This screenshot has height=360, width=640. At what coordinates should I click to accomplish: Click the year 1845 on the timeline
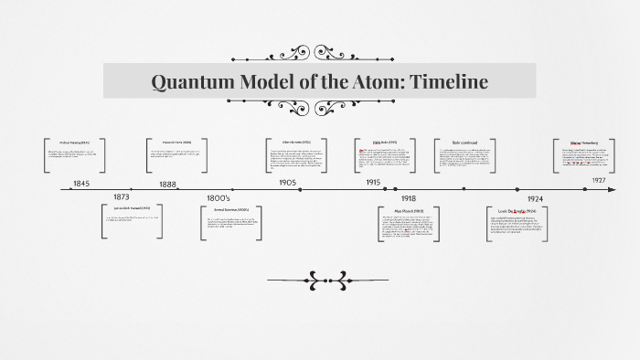[81, 184]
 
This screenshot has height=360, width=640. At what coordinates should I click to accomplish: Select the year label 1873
[122, 197]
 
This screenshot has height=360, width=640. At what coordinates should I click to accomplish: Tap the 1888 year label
[168, 184]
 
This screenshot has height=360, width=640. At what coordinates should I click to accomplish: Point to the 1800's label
[219, 198]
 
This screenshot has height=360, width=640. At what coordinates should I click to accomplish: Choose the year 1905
[288, 183]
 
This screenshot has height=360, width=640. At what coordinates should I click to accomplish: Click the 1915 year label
[373, 183]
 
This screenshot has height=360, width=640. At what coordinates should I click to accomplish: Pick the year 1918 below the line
[408, 198]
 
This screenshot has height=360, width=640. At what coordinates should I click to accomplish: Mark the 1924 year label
[536, 198]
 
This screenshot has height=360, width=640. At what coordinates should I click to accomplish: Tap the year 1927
[599, 181]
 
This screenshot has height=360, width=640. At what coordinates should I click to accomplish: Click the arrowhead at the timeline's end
[610, 190]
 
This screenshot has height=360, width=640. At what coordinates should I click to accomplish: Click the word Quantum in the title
[189, 82]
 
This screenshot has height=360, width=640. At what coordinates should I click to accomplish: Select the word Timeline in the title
[449, 82]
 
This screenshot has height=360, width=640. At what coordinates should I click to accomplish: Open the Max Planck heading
[408, 211]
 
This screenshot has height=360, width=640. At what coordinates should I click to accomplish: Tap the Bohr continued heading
[464, 143]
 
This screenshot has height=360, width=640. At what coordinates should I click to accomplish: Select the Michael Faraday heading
[75, 143]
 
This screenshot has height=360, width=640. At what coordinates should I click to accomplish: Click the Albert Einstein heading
[296, 143]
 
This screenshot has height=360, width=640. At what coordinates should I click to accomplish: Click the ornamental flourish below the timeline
[327, 279]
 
